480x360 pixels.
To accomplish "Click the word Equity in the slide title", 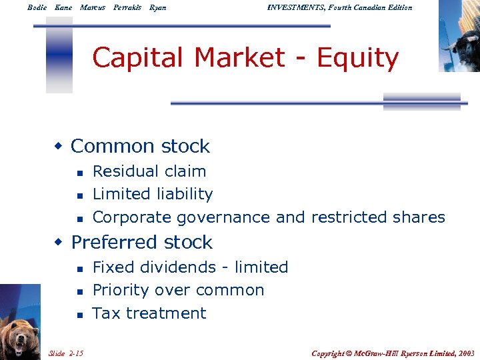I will point(357,59).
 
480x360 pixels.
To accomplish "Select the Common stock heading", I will point(140,146).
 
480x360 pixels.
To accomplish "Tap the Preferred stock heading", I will point(141,242).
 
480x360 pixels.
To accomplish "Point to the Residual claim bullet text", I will point(149,171).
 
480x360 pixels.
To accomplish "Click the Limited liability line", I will point(153,194).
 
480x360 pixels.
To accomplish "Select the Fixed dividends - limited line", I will point(190,267).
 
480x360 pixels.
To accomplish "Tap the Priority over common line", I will point(178,290).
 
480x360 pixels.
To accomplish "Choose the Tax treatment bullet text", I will point(149,313).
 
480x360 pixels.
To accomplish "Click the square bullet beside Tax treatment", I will point(79,314).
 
